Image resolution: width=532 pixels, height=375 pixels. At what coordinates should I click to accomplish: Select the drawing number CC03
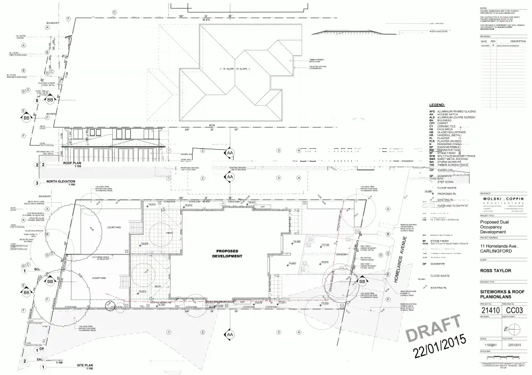tap(513, 310)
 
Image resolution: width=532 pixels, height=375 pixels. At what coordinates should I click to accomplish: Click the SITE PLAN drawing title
tap(86, 366)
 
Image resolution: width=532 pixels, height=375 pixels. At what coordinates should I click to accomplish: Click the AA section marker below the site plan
tap(230, 335)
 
